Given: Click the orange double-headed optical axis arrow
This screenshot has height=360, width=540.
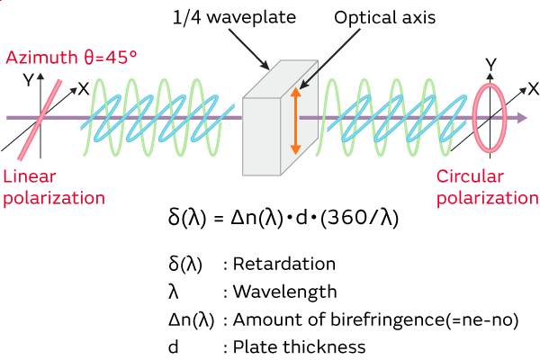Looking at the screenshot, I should tap(292, 117).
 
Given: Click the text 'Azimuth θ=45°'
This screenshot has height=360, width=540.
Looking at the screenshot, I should tap(72, 58).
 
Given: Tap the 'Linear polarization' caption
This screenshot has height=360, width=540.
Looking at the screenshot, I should tap(53, 186).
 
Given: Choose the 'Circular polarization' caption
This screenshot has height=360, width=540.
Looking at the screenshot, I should tap(487, 187).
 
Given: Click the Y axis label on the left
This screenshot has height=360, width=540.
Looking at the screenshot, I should tap(29, 79).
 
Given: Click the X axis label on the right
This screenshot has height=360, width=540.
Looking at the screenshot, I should tap(533, 88).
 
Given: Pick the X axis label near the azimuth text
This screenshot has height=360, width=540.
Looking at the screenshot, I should tap(83, 88).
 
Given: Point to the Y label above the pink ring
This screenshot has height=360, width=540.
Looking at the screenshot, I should tap(490, 64).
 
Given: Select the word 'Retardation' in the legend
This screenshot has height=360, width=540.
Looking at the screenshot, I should tap(292, 265).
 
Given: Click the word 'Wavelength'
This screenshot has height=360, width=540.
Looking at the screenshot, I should tap(285, 292).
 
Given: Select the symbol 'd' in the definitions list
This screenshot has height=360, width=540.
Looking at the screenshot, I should tap(173, 346).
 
